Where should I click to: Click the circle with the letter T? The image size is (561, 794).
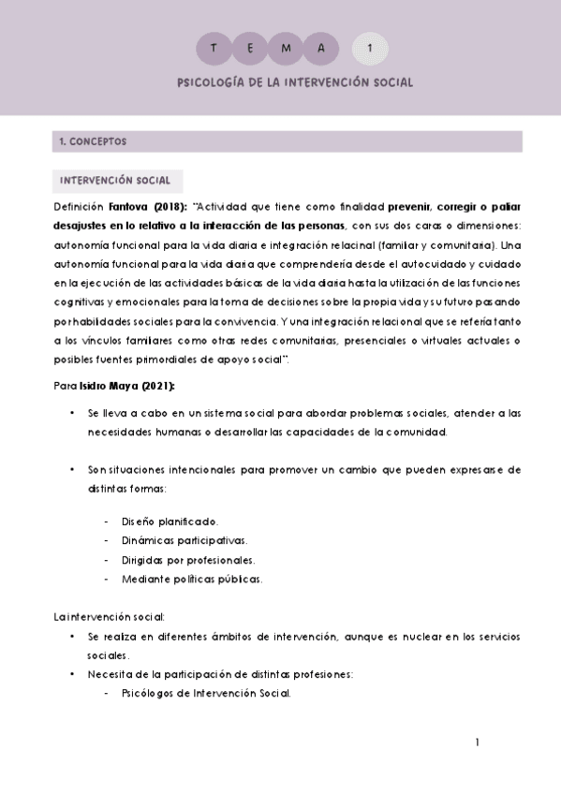click(x=214, y=47)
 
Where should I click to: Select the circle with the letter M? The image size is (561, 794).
click(x=285, y=47)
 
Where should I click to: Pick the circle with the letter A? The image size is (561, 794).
click(x=320, y=47)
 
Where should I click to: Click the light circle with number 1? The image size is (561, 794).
click(x=371, y=47)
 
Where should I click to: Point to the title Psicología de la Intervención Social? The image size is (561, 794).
click(x=294, y=82)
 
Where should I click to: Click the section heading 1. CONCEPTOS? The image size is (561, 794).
click(x=93, y=142)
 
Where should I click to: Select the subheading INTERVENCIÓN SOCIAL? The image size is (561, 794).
click(x=115, y=180)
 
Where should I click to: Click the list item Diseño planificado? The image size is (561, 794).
click(x=169, y=521)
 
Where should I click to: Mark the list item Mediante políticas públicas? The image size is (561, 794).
click(x=192, y=579)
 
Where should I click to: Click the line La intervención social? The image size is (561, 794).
click(x=110, y=617)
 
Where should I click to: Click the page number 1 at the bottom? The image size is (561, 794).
click(x=478, y=743)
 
